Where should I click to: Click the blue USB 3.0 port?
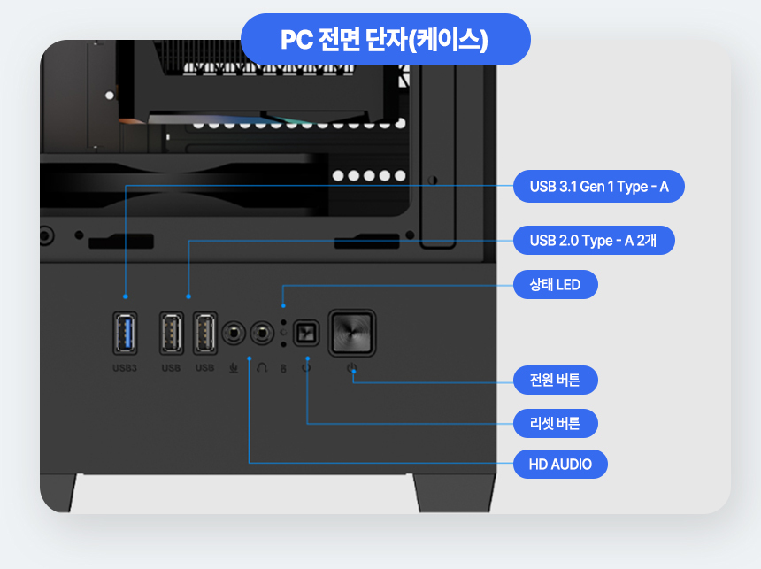(126, 334)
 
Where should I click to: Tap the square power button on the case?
(352, 333)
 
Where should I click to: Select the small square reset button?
(306, 334)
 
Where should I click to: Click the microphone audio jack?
(234, 334)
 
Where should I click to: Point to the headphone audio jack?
(261, 334)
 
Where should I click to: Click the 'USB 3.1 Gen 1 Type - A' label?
(599, 187)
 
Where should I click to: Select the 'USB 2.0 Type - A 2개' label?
(595, 240)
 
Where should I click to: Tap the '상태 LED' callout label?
(555, 285)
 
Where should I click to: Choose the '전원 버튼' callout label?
(555, 381)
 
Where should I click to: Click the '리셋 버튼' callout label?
(555, 423)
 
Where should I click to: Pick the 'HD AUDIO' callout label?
(560, 464)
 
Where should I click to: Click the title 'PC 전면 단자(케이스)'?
(384, 40)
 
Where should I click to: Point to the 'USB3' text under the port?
(125, 367)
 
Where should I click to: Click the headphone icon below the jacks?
(261, 368)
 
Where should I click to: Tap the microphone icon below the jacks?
(234, 368)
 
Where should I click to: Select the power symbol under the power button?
(352, 368)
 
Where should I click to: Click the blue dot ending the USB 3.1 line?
(126, 296)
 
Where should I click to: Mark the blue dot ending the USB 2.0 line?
(188, 296)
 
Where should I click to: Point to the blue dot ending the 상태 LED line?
(282, 305)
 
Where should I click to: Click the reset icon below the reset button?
(306, 367)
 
